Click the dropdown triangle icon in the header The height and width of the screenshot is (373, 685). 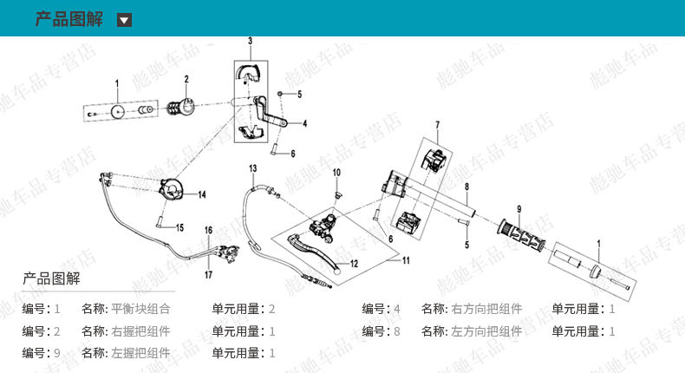[124, 20]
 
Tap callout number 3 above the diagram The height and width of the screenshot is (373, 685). [250, 41]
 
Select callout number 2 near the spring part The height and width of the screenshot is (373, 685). [186, 80]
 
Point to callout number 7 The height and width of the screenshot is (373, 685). [438, 125]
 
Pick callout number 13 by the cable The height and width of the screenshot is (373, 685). [253, 167]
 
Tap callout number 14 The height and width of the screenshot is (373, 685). [202, 194]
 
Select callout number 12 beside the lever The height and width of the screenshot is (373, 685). [354, 263]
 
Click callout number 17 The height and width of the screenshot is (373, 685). [208, 275]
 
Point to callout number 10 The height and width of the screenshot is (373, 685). [337, 173]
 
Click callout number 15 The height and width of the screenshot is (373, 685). [180, 227]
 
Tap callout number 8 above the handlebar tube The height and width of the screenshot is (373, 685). [466, 186]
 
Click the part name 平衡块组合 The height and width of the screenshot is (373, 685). [140, 308]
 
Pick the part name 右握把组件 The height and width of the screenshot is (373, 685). [140, 330]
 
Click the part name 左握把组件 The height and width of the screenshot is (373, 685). [140, 353]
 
